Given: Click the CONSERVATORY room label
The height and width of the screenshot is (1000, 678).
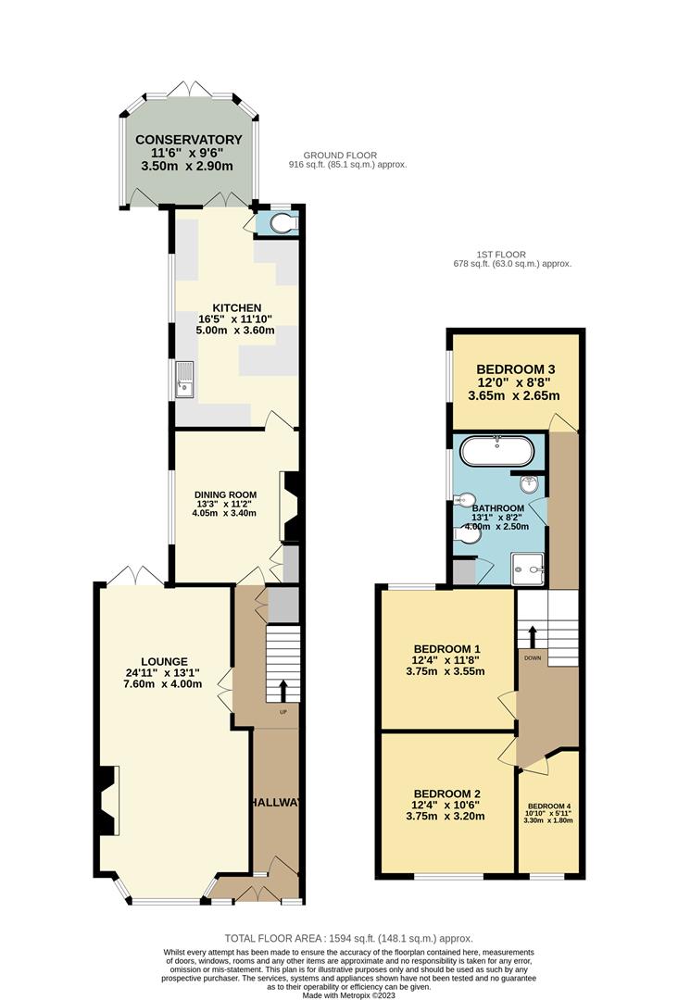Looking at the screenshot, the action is (189, 140).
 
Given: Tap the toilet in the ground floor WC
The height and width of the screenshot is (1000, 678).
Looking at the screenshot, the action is (282, 223).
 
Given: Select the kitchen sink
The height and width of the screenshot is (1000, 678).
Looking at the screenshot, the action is (184, 379).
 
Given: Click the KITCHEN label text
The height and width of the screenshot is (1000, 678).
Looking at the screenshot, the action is (236, 308).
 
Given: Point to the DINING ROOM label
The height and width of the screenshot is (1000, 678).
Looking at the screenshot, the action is (226, 494).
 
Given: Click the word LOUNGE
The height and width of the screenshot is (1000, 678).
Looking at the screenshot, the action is (165, 662).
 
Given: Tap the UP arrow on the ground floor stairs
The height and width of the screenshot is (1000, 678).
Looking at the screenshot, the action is (283, 690).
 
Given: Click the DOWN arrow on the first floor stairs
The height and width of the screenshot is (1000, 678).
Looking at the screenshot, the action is (532, 636).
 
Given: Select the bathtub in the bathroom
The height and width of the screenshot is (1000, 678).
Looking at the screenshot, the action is (496, 451).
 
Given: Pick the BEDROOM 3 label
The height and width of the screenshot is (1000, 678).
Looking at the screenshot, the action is (515, 369).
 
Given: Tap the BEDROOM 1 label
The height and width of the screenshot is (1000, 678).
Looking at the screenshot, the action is (446, 649).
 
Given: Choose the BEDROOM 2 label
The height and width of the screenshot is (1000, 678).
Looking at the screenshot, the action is (446, 794).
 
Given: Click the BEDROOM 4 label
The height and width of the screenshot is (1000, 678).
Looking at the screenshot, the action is (549, 806).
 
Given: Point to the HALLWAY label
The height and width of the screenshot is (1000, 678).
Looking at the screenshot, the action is (275, 802).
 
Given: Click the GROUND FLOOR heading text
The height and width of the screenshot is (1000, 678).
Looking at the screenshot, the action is (340, 155).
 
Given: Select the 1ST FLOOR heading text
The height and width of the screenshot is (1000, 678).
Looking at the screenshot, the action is (502, 255).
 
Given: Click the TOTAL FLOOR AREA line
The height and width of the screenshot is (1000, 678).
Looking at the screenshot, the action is (349, 938).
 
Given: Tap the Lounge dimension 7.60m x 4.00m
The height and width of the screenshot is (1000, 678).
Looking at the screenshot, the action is (163, 684).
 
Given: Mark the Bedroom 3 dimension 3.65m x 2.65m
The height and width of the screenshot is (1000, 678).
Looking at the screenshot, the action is (514, 395).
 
